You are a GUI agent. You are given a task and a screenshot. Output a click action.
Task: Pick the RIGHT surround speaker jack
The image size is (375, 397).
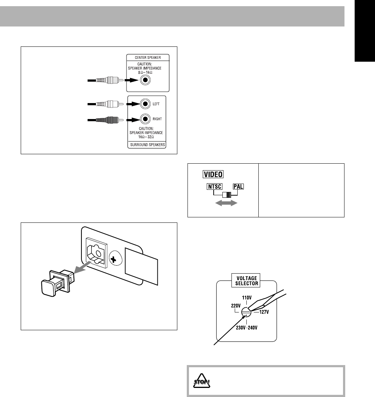(145, 119)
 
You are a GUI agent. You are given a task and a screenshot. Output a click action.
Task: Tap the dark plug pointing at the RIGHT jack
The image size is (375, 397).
(109, 119)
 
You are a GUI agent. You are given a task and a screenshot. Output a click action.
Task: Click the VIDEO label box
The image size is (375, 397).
(213, 175)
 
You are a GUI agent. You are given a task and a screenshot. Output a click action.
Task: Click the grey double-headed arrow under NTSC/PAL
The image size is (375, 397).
(225, 203)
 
